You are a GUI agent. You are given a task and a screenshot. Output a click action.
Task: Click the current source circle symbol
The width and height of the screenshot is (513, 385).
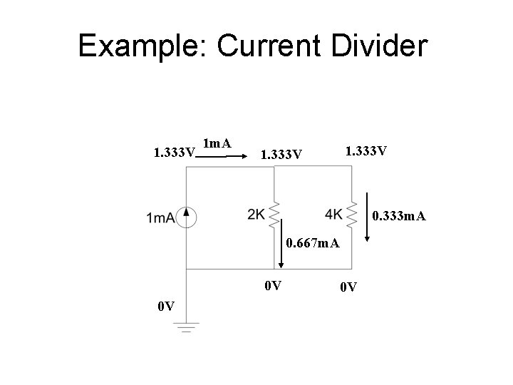(187, 217)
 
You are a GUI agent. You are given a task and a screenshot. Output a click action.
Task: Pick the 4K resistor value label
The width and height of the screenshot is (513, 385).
(333, 214)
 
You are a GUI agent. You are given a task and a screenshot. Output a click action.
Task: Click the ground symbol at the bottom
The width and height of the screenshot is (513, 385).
(187, 328)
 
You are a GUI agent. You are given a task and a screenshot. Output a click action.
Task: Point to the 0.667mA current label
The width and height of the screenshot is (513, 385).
(313, 245)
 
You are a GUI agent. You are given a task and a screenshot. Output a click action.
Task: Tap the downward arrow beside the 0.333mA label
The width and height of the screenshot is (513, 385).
(366, 217)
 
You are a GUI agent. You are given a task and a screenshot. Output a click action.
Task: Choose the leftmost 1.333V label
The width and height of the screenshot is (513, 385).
(175, 153)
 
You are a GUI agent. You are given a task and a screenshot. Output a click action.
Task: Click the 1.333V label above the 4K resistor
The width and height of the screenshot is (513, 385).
(366, 152)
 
